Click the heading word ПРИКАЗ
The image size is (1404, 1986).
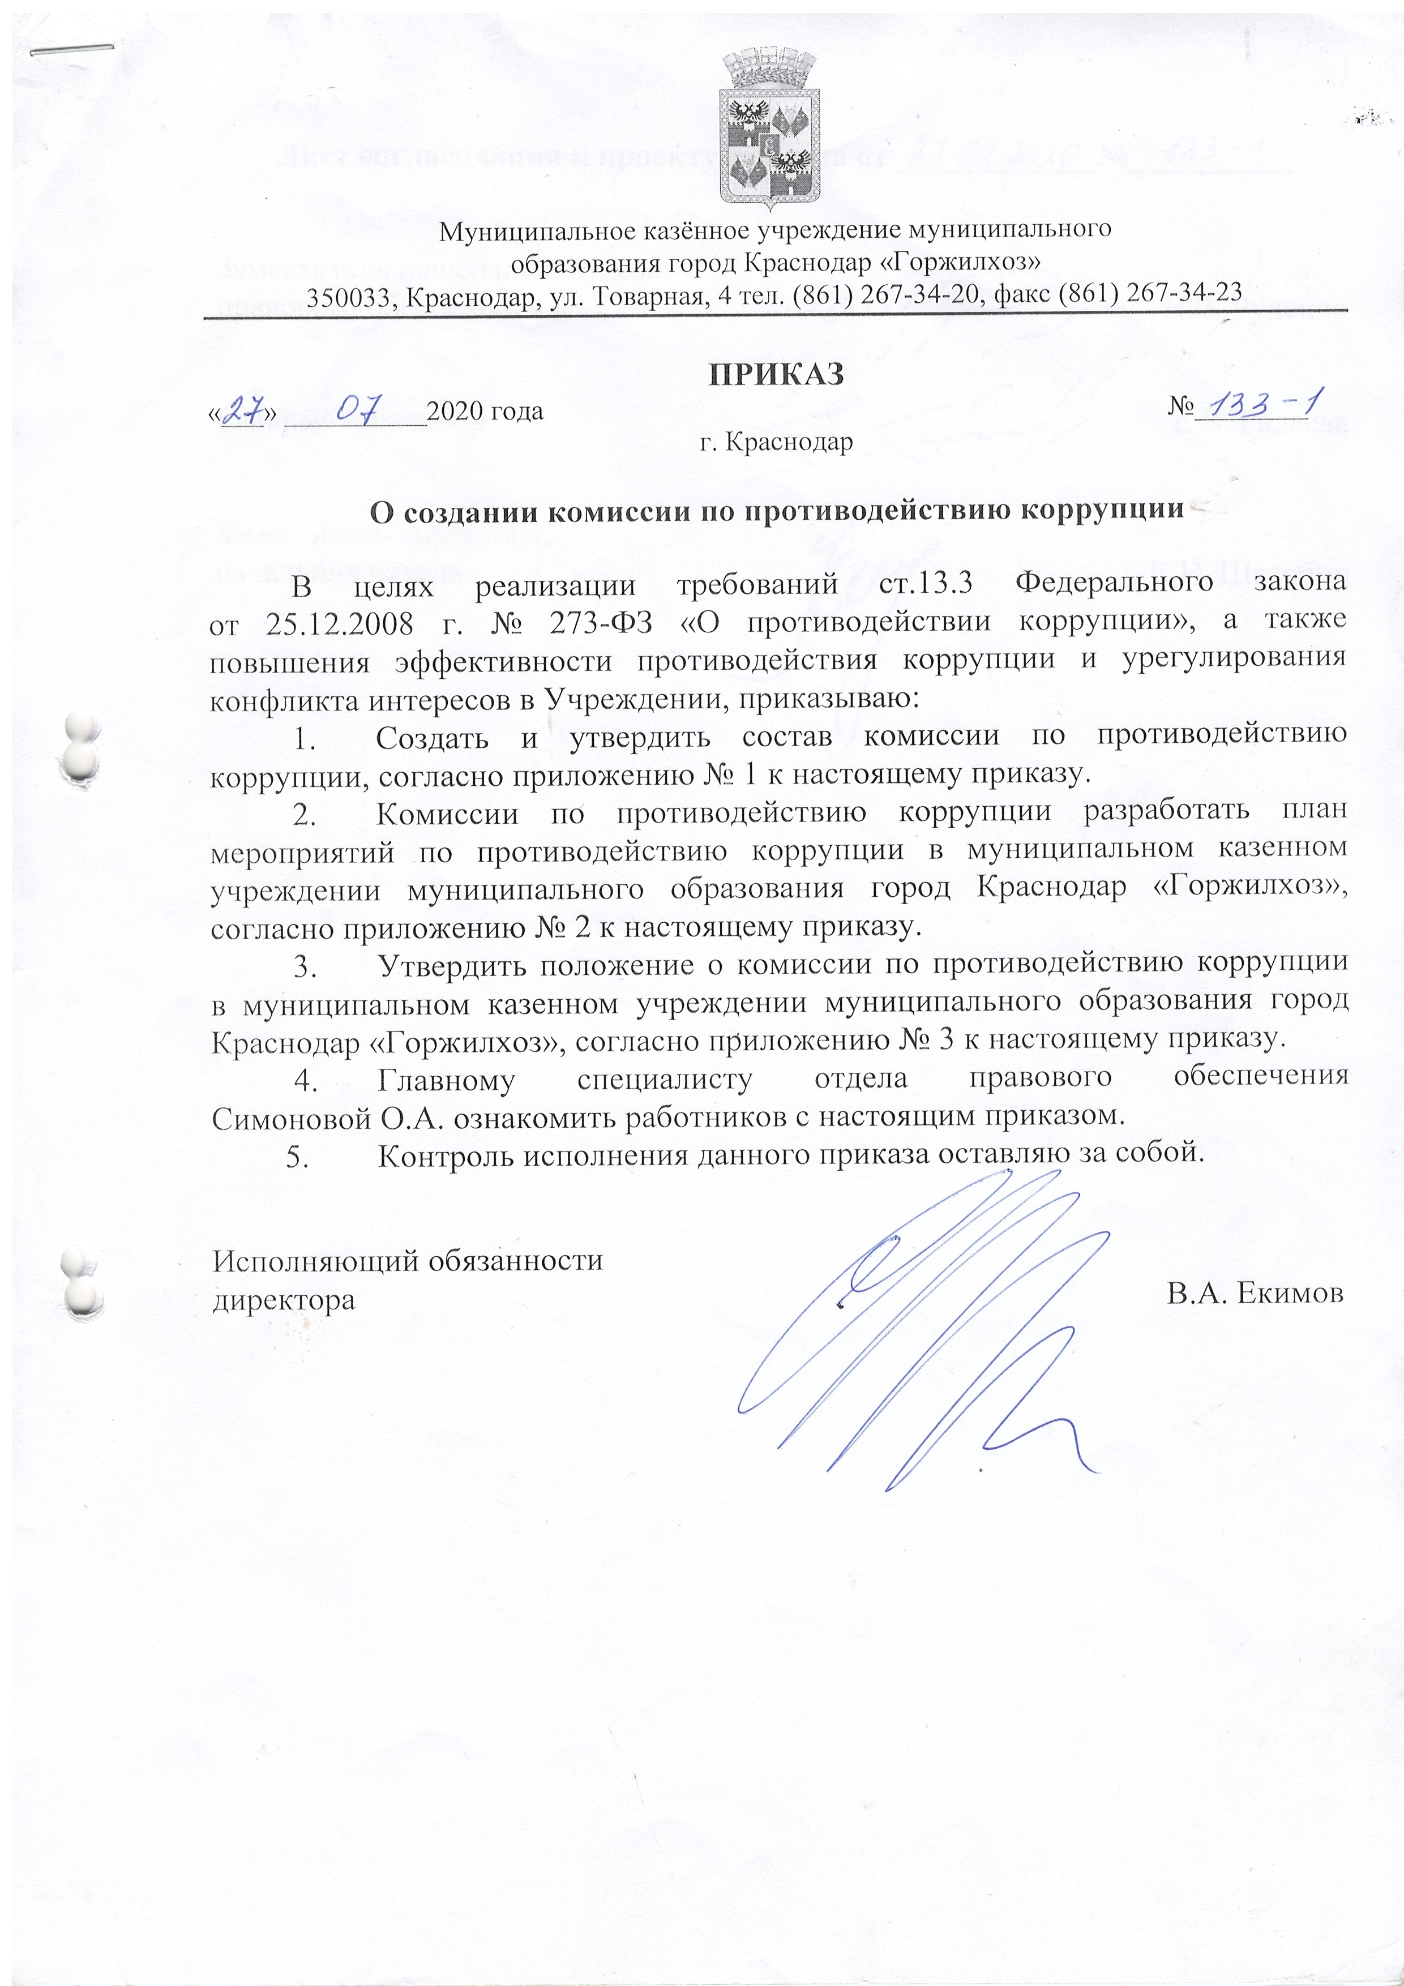pyautogui.click(x=776, y=375)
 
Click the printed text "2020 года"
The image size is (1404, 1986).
pyautogui.click(x=485, y=410)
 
